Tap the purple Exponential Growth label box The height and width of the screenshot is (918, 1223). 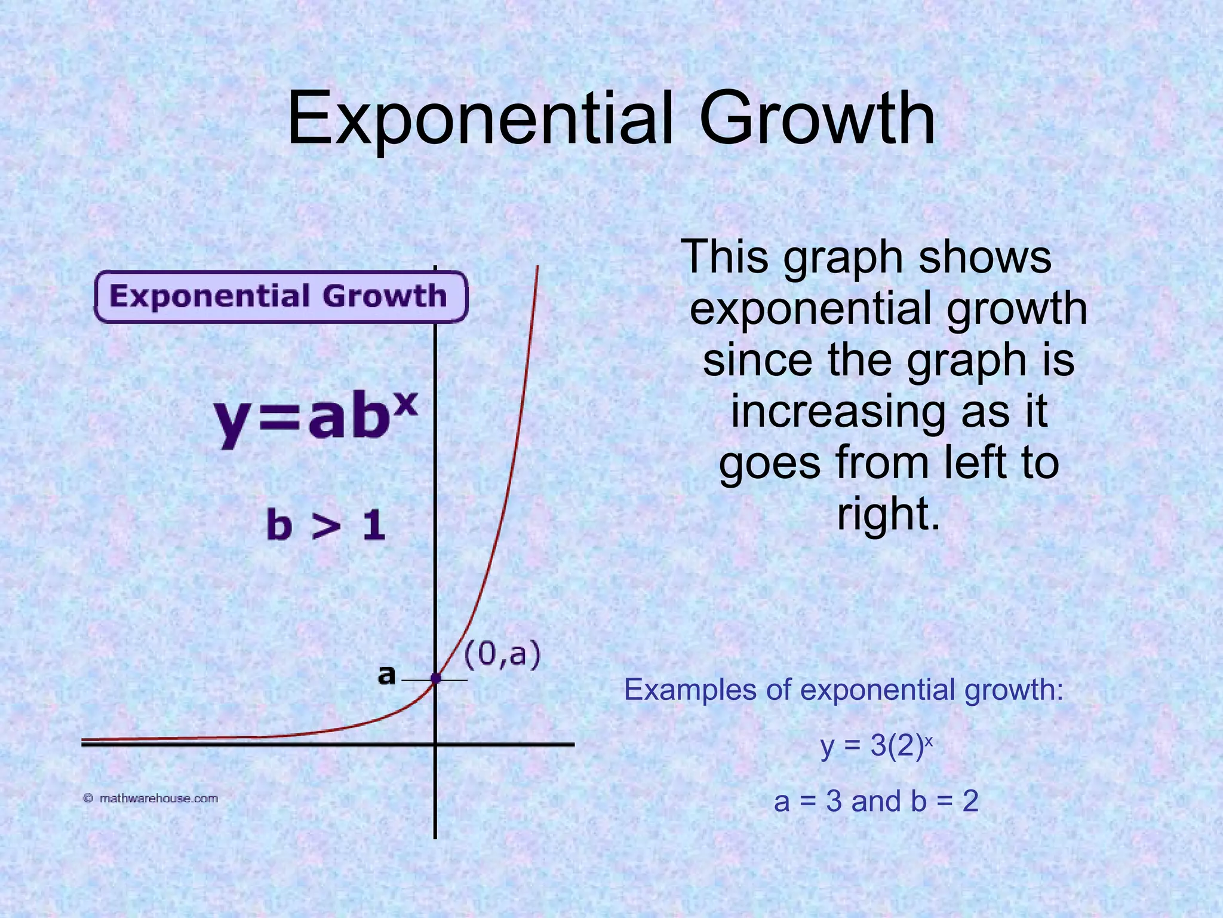281,297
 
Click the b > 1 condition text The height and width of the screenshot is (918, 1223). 325,525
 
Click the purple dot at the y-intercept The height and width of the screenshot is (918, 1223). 435,678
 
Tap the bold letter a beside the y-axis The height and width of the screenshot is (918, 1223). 387,675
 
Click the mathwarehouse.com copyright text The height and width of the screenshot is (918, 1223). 151,798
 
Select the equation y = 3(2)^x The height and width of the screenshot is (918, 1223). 876,746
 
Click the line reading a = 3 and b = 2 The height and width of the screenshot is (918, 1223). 876,801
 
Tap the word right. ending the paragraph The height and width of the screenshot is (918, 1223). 889,515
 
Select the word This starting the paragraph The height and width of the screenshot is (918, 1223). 726,257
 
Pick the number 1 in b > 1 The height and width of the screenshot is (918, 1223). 374,526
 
